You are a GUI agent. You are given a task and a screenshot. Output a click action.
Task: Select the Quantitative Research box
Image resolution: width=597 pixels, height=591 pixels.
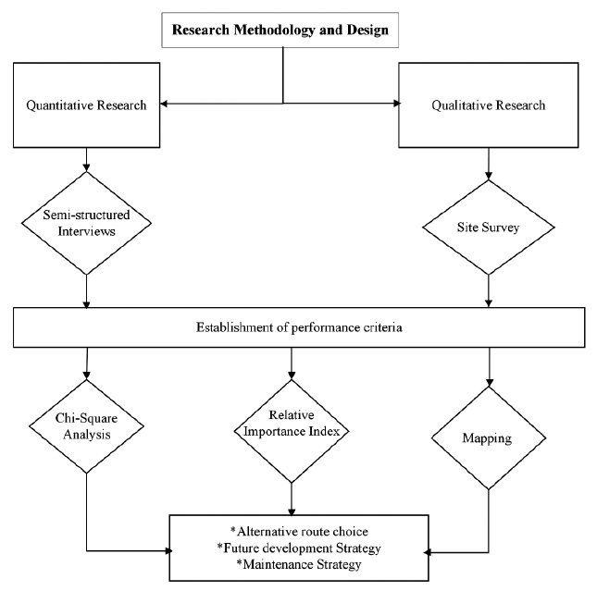pyautogui.click(x=85, y=105)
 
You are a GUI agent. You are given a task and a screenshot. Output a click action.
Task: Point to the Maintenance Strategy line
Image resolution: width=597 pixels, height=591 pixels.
pyautogui.click(x=298, y=562)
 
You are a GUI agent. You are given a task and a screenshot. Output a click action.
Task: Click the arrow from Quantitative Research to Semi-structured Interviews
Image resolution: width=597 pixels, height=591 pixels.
pyautogui.click(x=85, y=159)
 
